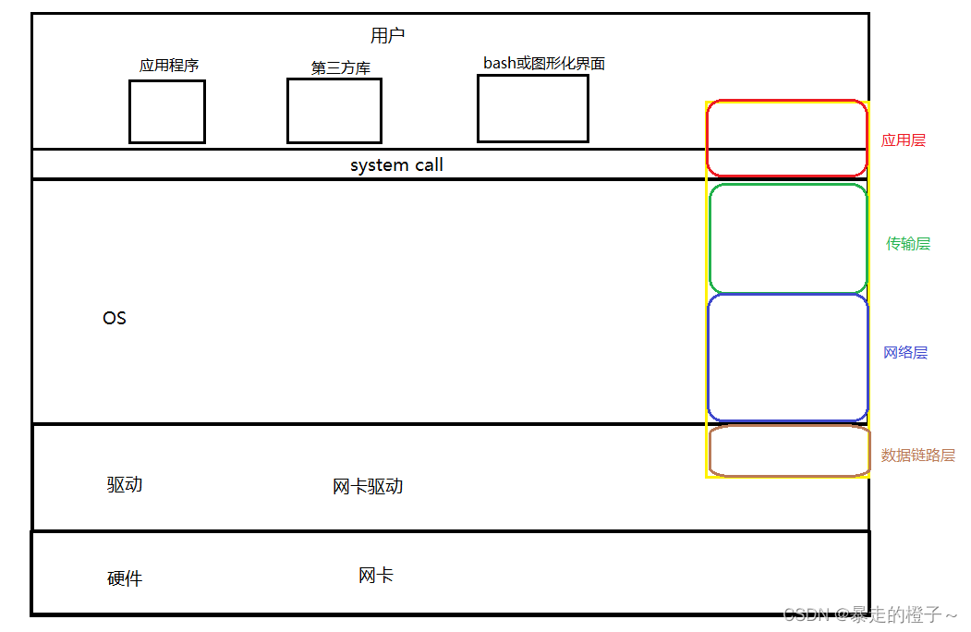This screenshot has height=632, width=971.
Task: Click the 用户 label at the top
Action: tap(387, 36)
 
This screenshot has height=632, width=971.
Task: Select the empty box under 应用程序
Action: tap(166, 112)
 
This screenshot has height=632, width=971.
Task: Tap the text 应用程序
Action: tap(169, 66)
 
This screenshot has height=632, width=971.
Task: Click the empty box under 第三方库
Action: tap(334, 111)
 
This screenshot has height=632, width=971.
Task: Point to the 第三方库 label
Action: tap(341, 68)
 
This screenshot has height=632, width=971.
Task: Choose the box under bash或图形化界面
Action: tap(532, 108)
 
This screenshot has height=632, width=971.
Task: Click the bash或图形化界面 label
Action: tap(544, 63)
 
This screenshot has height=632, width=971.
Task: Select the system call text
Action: tap(396, 165)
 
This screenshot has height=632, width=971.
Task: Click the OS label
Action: tap(115, 318)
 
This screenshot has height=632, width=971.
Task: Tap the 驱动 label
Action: tap(125, 485)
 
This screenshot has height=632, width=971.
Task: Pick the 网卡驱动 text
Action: tap(368, 487)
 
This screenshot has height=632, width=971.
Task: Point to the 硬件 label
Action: tap(125, 579)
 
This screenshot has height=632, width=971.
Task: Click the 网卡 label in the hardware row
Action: tap(376, 576)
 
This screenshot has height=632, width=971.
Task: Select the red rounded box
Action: tap(787, 139)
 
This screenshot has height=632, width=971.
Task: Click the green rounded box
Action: tap(788, 239)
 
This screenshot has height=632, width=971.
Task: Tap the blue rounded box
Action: tap(788, 358)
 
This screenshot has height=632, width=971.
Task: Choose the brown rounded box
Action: tap(789, 451)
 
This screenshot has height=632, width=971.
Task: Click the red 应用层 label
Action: tap(903, 140)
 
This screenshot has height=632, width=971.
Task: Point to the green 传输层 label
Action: tap(908, 244)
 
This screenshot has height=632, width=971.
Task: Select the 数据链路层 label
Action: tap(917, 456)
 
